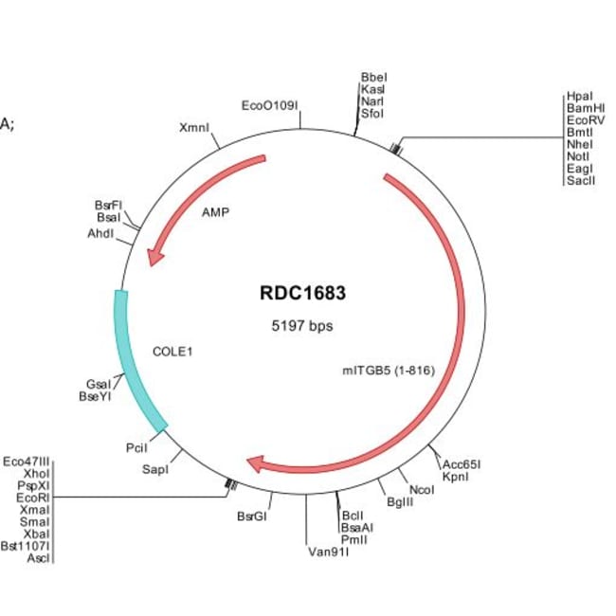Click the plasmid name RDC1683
click(302, 293)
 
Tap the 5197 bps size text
click(302, 325)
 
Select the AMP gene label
click(216, 212)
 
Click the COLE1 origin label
click(172, 351)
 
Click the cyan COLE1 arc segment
click(134, 360)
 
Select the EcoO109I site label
click(270, 105)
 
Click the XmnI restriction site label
click(193, 126)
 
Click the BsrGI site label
click(253, 516)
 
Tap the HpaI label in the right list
click(578, 97)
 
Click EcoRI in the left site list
click(33, 496)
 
